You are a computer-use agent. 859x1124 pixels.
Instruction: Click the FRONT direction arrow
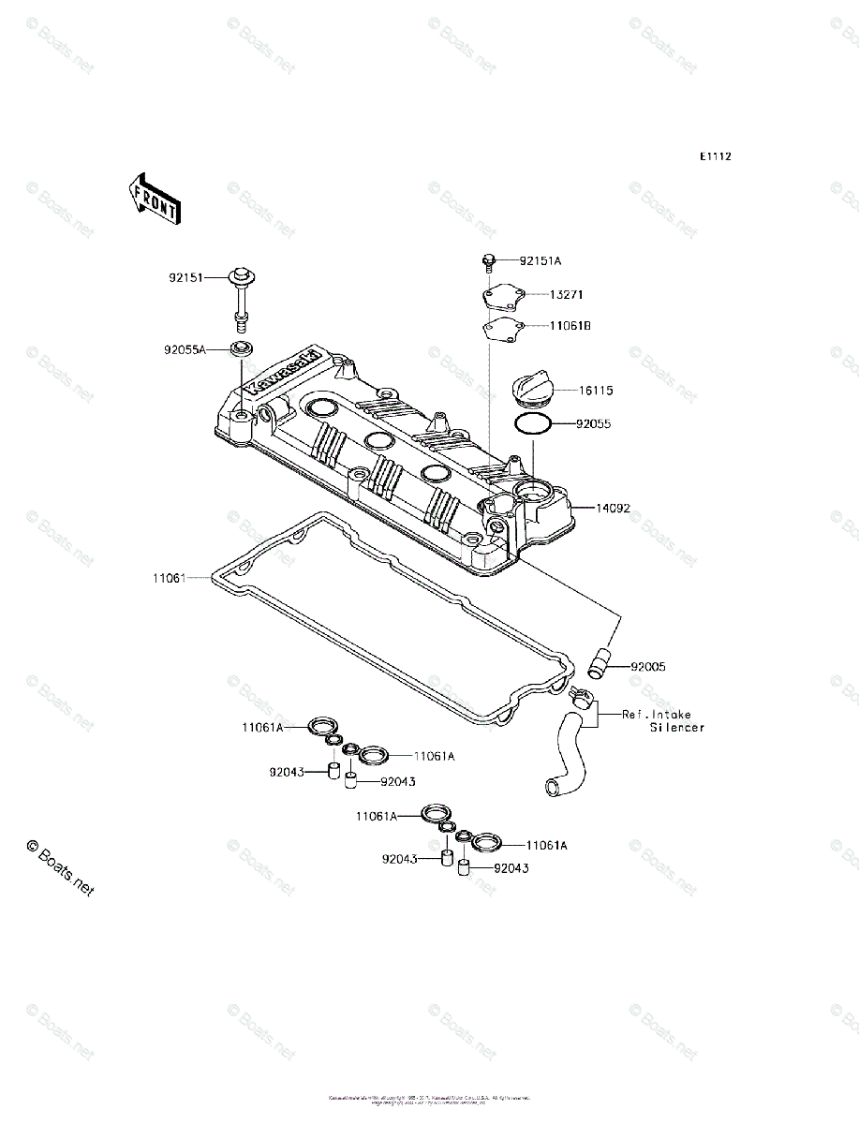[154, 198]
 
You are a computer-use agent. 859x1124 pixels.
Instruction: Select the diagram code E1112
[714, 155]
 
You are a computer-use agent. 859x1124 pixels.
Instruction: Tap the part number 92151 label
[185, 277]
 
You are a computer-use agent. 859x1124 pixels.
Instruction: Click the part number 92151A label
[527, 260]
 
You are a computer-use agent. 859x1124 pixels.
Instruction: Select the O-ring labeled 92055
[532, 423]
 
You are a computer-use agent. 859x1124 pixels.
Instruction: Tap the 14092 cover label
[614, 509]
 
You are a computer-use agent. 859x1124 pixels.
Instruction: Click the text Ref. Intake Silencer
[662, 720]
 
